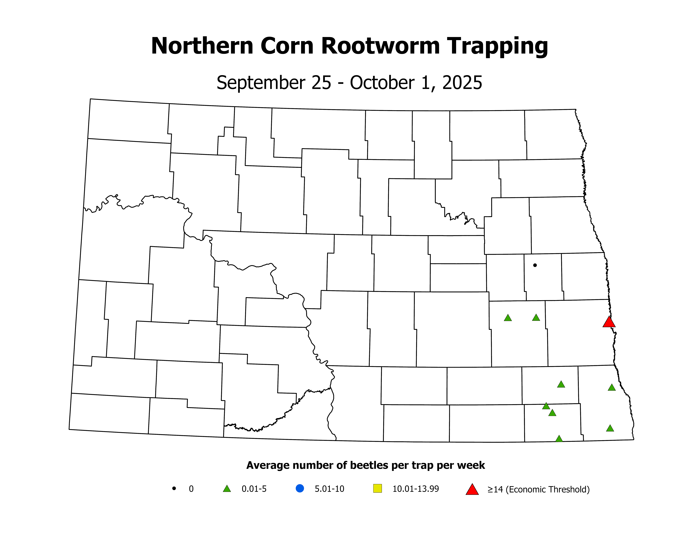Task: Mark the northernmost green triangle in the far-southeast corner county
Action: [x=611, y=387]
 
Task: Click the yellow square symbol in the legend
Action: [x=377, y=488]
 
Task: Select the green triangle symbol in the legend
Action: [x=227, y=489]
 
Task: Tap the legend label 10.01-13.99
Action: [x=415, y=489]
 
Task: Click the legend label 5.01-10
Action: [x=329, y=489]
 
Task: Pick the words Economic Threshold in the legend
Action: [x=548, y=490]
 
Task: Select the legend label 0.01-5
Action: [x=254, y=489]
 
